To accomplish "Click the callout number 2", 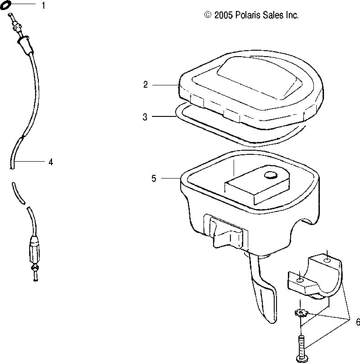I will pyautogui.click(x=145, y=84).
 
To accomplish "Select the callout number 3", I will pyautogui.click(x=145, y=117).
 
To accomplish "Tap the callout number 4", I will pyautogui.click(x=51, y=162).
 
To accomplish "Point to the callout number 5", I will pyautogui.click(x=154, y=178).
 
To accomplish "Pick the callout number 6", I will pyautogui.click(x=352, y=321).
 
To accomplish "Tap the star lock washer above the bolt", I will pyautogui.click(x=301, y=314).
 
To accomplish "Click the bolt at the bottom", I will pyautogui.click(x=301, y=346).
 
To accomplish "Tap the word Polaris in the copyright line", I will pyautogui.click(x=247, y=15).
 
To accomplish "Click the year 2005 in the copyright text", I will pyautogui.click(x=224, y=15).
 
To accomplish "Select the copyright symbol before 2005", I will pyautogui.click(x=208, y=15).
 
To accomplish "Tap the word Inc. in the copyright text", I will pyautogui.click(x=292, y=15).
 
